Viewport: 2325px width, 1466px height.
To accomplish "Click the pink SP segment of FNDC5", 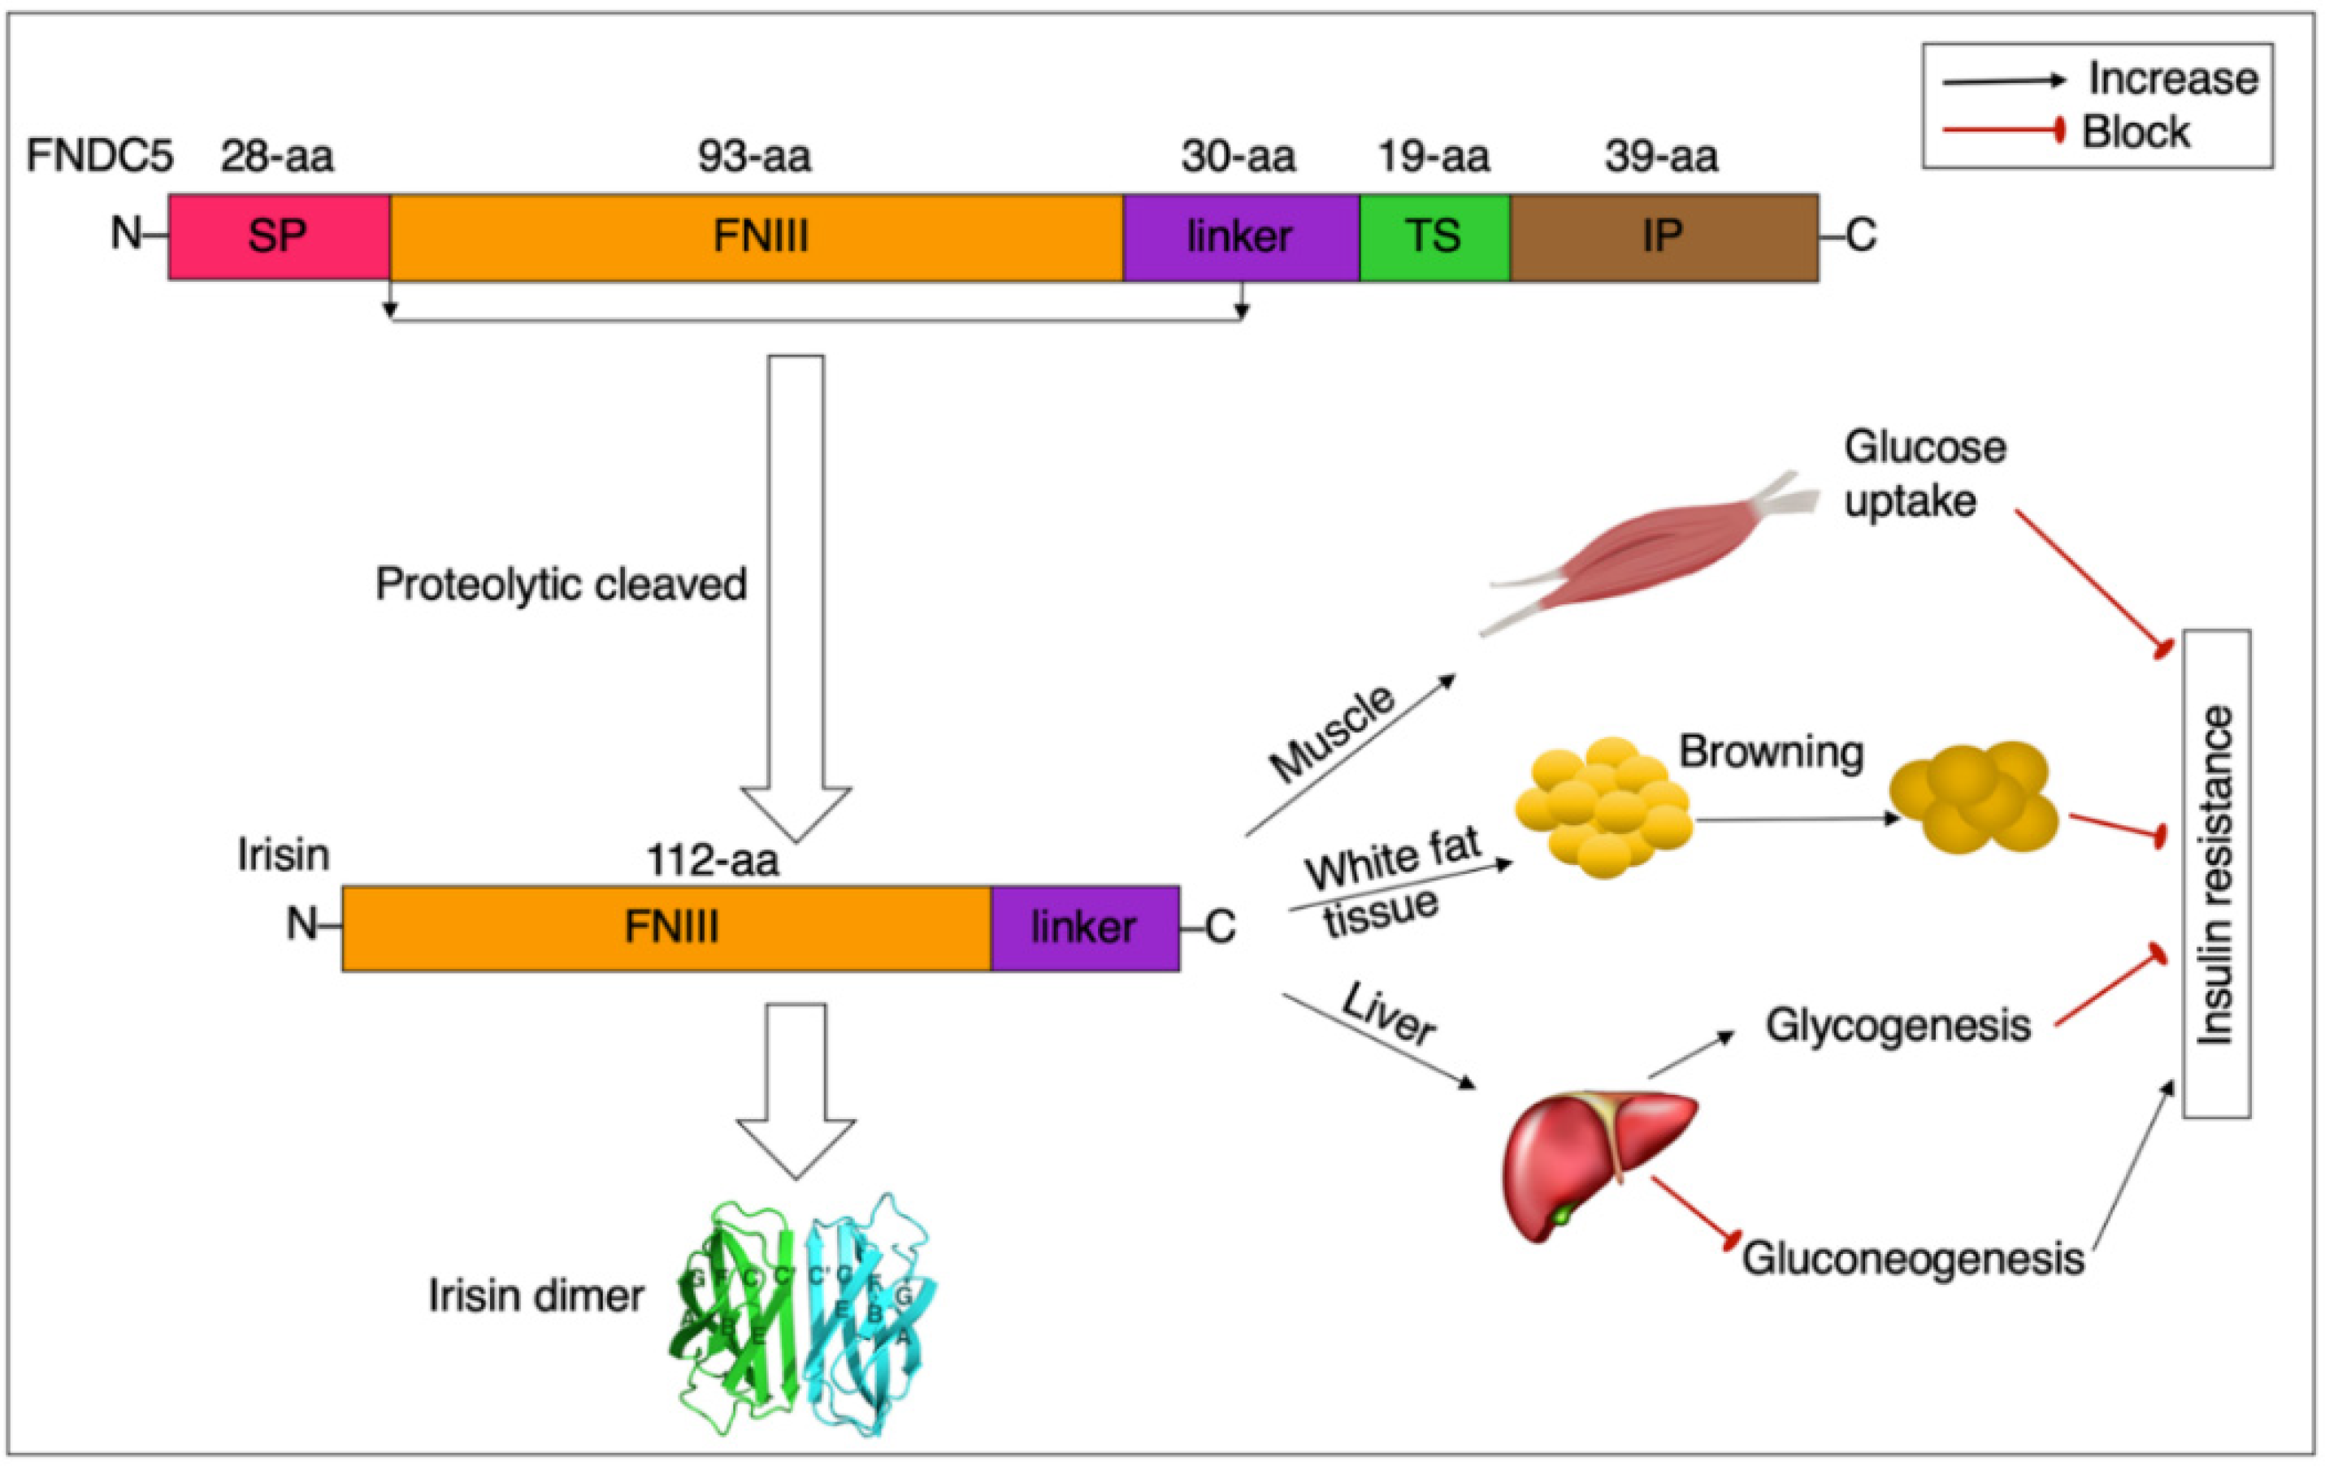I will (x=279, y=237).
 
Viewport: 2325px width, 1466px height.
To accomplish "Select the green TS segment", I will (x=1434, y=237).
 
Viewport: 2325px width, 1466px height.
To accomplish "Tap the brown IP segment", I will (x=1663, y=237).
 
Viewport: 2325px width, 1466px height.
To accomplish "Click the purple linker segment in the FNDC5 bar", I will (x=1241, y=237).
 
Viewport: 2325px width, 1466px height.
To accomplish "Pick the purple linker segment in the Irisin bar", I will (x=1084, y=928).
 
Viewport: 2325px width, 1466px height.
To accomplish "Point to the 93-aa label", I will (x=754, y=157).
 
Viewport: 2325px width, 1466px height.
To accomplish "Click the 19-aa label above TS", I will (x=1433, y=157).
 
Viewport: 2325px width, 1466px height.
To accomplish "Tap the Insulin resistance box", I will (x=2216, y=873).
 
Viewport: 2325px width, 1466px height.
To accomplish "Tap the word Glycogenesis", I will (x=1898, y=1026).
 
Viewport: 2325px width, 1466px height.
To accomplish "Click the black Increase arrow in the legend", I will (x=2002, y=81).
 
